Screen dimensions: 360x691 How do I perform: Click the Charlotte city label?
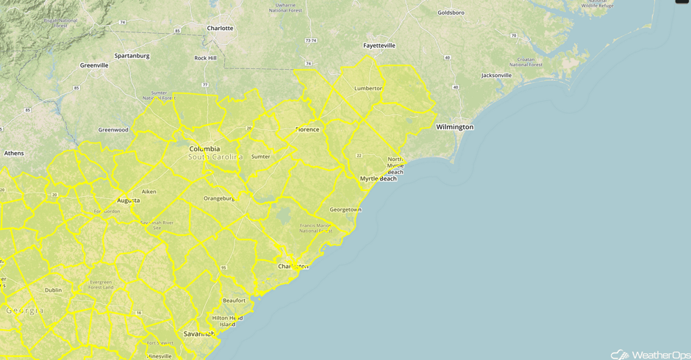(220, 29)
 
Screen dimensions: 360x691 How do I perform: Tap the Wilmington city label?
(454, 127)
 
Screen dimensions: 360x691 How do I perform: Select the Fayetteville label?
(379, 46)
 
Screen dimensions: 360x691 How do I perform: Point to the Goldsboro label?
(452, 12)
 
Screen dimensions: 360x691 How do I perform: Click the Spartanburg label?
(132, 56)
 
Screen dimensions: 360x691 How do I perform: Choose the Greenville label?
(94, 65)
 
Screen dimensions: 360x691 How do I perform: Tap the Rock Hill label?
(205, 58)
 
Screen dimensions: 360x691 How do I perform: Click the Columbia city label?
(204, 149)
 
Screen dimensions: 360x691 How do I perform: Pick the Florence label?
(307, 130)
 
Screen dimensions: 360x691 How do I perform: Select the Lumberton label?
(368, 88)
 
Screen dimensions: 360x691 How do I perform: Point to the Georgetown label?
(345, 209)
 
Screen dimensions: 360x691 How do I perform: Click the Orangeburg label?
(218, 198)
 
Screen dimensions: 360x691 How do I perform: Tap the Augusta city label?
(129, 200)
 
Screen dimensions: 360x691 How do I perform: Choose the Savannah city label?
(198, 334)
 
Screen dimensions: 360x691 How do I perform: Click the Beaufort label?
(234, 300)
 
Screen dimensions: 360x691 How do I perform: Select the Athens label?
(14, 154)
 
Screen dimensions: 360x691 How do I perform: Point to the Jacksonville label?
(496, 76)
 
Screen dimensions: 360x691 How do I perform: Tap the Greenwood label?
(113, 130)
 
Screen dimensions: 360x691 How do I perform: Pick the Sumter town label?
(261, 156)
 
